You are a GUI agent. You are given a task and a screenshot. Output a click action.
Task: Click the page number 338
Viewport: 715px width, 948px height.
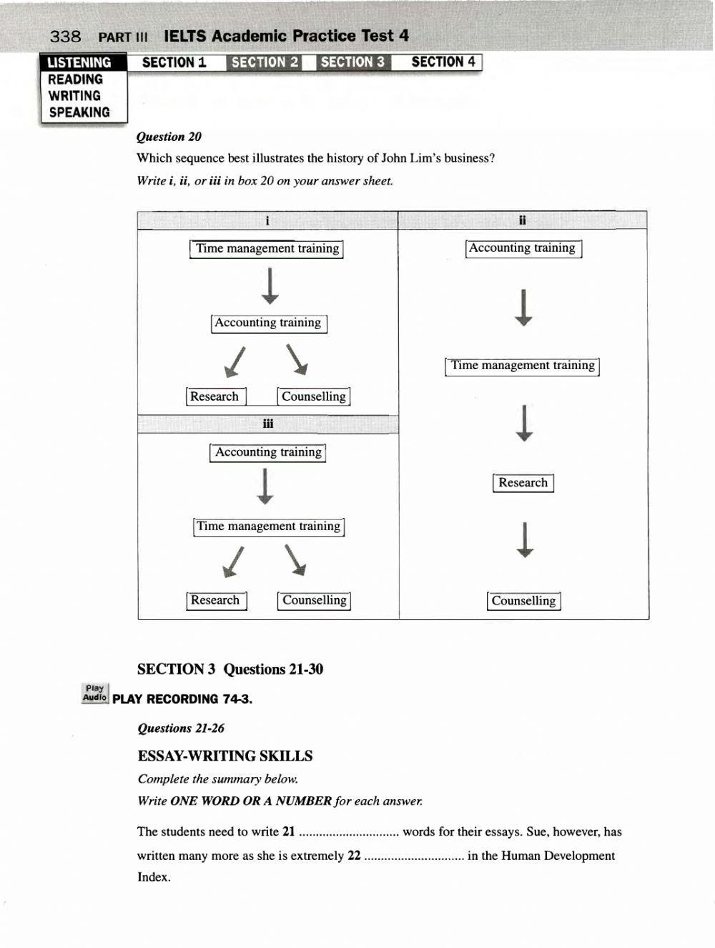pos(66,36)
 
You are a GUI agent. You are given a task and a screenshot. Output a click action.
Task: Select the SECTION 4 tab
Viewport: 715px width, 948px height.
pos(443,62)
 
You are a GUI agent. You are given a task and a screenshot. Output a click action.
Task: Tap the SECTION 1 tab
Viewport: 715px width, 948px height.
pos(174,62)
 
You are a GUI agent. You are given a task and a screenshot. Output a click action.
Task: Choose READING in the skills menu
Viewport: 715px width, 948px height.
pos(75,79)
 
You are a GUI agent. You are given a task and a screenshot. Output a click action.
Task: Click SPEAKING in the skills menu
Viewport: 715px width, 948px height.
pos(79,112)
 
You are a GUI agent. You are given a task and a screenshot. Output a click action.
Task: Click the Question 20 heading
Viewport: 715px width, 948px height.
pos(169,137)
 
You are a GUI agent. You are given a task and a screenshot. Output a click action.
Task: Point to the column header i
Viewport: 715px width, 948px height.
pos(267,220)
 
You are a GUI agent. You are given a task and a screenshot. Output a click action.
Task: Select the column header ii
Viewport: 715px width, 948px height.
pos(523,220)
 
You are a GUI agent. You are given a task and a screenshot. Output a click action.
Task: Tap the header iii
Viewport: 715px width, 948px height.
pos(267,424)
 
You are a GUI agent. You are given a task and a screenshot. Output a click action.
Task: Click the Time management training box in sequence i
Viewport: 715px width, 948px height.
pos(267,249)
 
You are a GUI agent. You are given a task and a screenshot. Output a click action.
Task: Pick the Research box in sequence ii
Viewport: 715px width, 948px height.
pos(523,483)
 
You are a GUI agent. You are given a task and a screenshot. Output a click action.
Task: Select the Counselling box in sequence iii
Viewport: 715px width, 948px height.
pos(314,601)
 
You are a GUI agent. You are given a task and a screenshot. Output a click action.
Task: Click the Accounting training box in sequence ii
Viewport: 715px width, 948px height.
pos(523,248)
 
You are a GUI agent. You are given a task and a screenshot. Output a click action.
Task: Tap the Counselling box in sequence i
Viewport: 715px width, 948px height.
pos(313,396)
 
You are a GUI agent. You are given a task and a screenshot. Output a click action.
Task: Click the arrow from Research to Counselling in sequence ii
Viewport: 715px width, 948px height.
pos(525,540)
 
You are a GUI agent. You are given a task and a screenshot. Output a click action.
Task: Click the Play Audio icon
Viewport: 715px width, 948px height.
pos(95,693)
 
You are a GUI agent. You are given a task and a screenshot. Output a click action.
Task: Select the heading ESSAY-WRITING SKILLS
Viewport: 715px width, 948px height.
pos(225,756)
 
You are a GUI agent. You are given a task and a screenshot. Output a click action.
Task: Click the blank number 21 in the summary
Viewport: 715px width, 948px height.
pos(348,832)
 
